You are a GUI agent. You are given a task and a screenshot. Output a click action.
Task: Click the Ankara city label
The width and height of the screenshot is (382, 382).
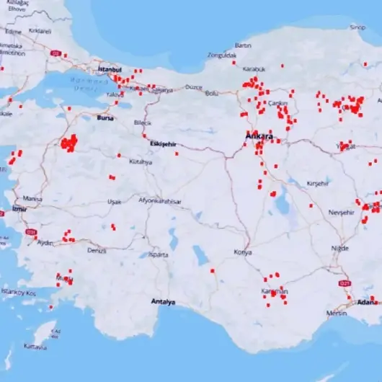pos(259,136)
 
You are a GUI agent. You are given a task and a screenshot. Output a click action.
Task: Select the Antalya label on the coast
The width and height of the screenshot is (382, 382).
pos(163,302)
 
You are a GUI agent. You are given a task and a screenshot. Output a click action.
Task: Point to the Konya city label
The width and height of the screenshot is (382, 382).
pos(243,252)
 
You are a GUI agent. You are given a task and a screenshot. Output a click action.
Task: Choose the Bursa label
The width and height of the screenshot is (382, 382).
pos(105,117)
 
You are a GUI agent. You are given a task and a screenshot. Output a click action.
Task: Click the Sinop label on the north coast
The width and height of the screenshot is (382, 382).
pos(357,27)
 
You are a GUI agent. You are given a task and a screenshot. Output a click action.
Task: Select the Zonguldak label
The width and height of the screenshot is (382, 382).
pos(222,55)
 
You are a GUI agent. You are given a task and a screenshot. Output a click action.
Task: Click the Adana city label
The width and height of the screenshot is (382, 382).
pos(368,303)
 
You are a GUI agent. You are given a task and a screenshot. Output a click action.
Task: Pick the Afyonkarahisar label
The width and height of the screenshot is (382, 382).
pos(159,201)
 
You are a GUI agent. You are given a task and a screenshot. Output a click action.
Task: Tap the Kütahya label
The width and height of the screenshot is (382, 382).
pos(141,162)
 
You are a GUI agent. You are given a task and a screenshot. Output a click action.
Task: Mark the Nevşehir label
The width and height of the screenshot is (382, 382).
pos(342,213)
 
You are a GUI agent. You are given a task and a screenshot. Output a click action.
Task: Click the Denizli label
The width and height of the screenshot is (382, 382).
pos(96,250)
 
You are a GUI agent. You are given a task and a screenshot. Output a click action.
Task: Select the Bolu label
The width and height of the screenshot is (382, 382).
pos(211,93)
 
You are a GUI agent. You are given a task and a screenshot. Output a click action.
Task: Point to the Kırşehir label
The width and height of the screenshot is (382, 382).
pos(317,184)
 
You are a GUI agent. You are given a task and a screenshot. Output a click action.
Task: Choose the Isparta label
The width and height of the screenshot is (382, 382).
pos(158,254)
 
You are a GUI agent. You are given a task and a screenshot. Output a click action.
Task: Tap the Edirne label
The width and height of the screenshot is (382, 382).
pos(14,31)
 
